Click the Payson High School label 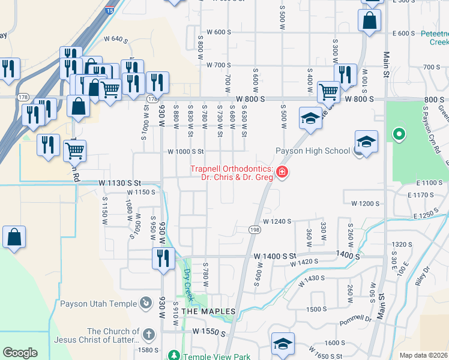point(312,151)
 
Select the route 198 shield point(255,230)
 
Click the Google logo point(20,352)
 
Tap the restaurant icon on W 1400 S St point(164,259)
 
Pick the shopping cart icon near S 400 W point(328,92)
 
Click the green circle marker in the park point(397,134)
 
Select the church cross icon point(149,334)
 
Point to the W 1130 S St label point(120,182)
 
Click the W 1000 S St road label point(186,152)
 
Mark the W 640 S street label point(118,40)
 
